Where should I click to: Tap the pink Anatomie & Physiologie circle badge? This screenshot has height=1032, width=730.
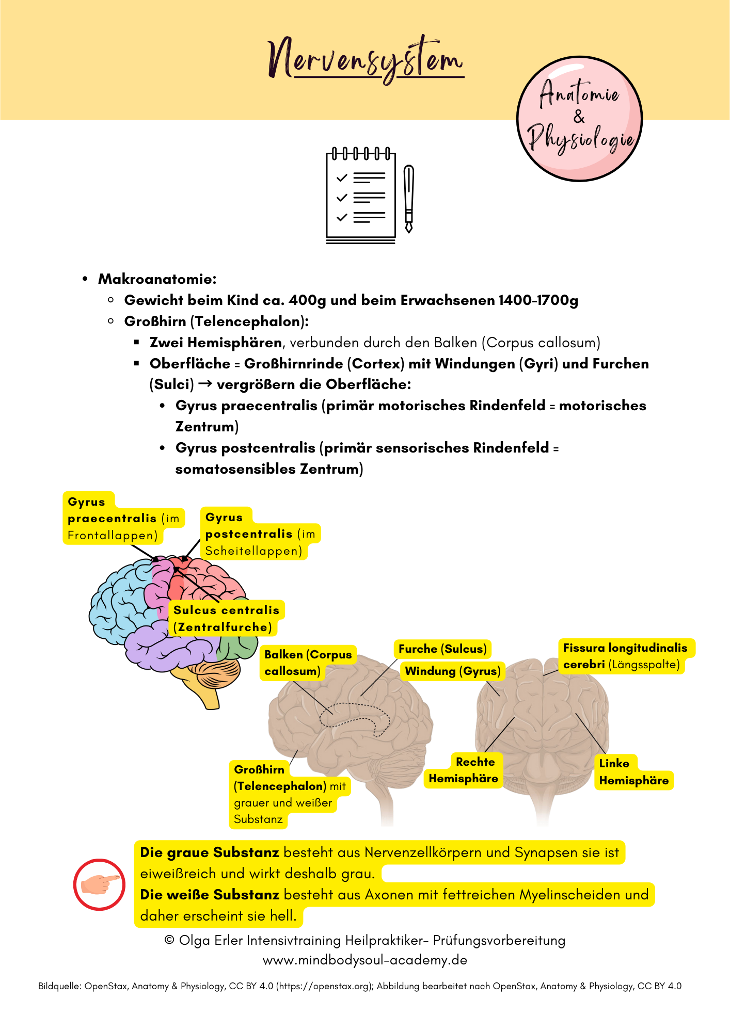pyautogui.click(x=579, y=119)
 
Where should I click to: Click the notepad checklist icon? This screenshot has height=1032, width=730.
pyautogui.click(x=361, y=196)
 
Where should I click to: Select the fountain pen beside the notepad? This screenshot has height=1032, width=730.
pyautogui.click(x=409, y=198)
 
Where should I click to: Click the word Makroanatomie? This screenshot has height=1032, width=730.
pyautogui.click(x=157, y=279)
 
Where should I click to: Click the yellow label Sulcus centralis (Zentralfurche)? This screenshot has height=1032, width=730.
pyautogui.click(x=226, y=618)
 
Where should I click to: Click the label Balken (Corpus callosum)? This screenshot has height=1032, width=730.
pyautogui.click(x=308, y=663)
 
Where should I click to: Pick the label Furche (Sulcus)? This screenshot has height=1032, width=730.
pyautogui.click(x=442, y=649)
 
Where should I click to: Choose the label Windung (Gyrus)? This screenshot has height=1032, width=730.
pyautogui.click(x=452, y=671)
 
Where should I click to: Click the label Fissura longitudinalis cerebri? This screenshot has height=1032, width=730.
pyautogui.click(x=625, y=656)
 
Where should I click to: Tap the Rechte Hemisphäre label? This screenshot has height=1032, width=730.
pyautogui.click(x=464, y=770)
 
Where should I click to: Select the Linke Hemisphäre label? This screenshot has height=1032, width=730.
pyautogui.click(x=633, y=772)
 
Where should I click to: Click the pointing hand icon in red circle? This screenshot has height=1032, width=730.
pyautogui.click(x=99, y=884)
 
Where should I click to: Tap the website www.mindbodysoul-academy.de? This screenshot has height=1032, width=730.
pyautogui.click(x=365, y=960)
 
